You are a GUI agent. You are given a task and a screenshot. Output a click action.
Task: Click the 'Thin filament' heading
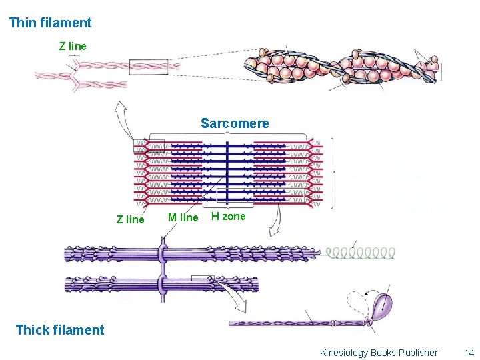[x=50, y=23]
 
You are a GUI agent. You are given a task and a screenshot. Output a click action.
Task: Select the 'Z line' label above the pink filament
[x=73, y=47]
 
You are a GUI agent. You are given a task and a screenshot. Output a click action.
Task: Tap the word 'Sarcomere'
[x=235, y=123]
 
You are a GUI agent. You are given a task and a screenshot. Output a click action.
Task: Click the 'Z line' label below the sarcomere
[x=130, y=219]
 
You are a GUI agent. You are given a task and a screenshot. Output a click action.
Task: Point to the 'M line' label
[x=183, y=217]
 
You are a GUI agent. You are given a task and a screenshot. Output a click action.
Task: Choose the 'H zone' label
[x=228, y=216]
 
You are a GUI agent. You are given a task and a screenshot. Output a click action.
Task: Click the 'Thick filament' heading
[x=59, y=329]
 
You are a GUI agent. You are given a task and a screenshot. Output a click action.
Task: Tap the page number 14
[x=469, y=353]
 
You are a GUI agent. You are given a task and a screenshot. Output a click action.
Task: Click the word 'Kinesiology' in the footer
[x=343, y=353]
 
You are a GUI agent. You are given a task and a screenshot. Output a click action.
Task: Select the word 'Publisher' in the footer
[x=418, y=353]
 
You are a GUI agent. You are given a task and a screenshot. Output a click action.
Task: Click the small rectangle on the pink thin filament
[x=148, y=66]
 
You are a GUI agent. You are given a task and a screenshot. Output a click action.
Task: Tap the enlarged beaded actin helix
[x=340, y=68]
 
